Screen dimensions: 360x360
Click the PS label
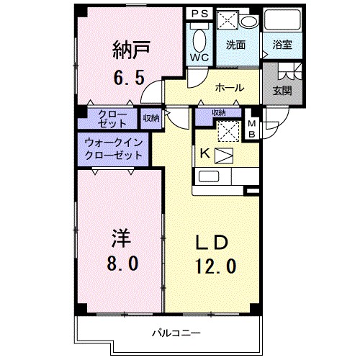(x=199, y=14)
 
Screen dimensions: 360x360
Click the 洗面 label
(x=235, y=45)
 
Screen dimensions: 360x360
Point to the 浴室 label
(x=282, y=45)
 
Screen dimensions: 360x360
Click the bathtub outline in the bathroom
(x=282, y=20)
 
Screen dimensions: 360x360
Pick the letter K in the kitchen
(x=204, y=153)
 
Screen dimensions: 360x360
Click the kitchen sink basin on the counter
(x=210, y=177)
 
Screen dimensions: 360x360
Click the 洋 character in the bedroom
(x=120, y=237)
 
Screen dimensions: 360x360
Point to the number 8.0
(x=120, y=263)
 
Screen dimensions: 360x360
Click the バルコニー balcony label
(x=171, y=333)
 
